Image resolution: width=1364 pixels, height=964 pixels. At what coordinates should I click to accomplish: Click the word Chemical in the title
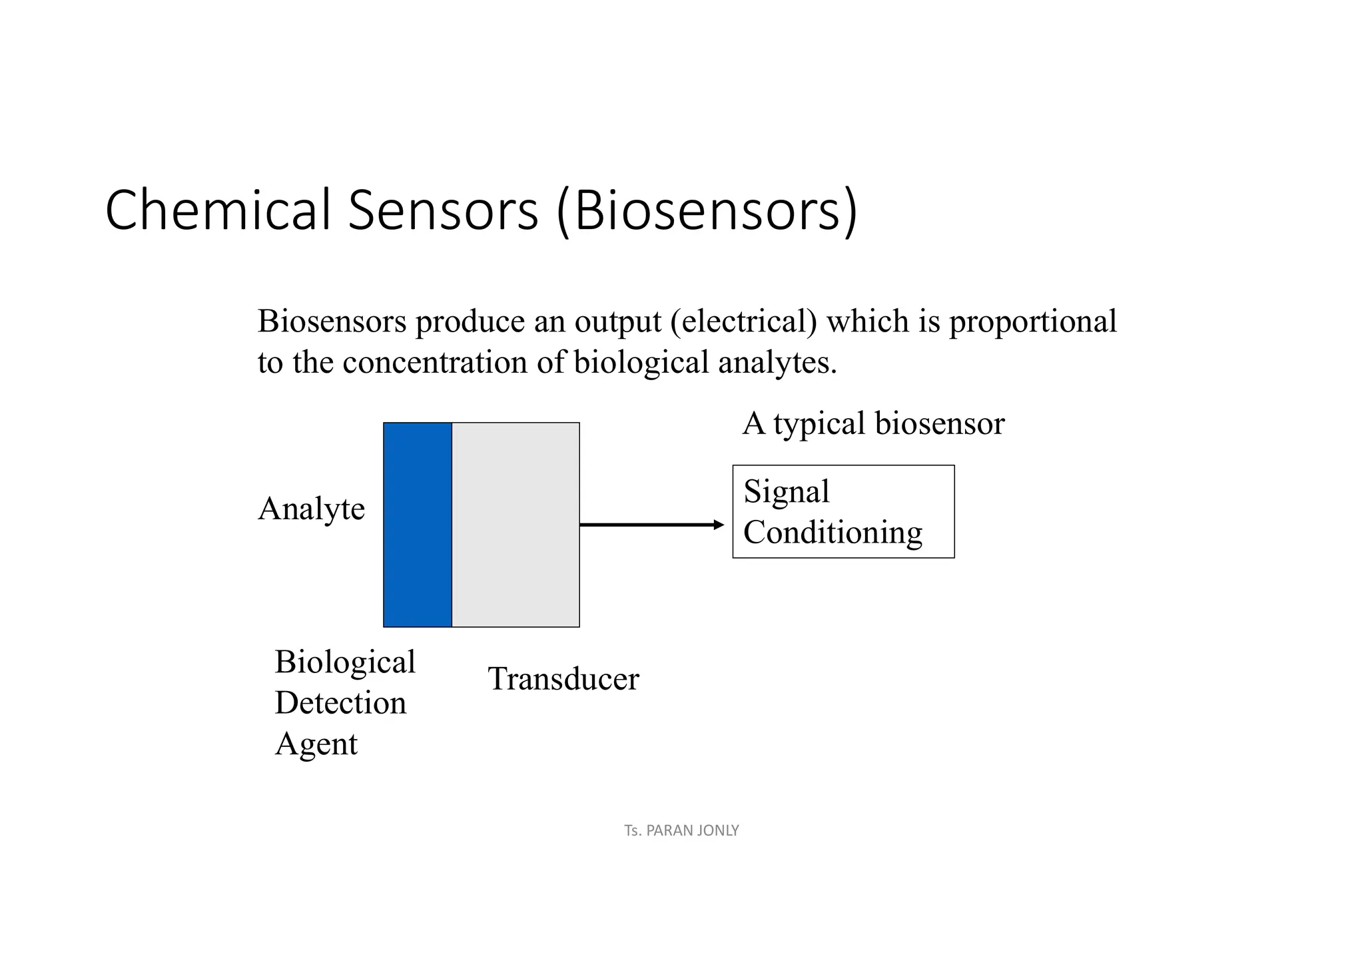[x=218, y=210]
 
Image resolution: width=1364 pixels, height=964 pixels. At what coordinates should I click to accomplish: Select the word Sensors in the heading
[x=443, y=210]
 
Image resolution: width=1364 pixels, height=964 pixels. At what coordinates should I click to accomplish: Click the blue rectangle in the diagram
[x=418, y=525]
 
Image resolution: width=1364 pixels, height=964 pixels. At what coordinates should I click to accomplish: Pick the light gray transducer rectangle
[x=515, y=525]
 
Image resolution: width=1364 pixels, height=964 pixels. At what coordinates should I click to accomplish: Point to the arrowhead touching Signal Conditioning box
[x=719, y=525]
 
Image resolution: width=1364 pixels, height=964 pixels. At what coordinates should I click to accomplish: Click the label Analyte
[x=311, y=509]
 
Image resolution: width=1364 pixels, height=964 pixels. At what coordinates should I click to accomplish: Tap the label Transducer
[x=563, y=679]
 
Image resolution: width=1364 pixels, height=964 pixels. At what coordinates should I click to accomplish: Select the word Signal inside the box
[x=787, y=492]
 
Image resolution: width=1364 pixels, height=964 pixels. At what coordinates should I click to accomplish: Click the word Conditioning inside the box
[x=833, y=533]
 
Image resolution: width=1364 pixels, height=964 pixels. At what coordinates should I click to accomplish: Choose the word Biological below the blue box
[x=345, y=662]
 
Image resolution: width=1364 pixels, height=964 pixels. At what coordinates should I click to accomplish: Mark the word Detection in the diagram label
[x=340, y=703]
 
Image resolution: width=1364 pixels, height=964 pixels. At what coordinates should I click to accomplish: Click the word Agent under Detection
[x=316, y=744]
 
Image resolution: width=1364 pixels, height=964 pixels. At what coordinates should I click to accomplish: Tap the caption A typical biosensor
[x=873, y=423]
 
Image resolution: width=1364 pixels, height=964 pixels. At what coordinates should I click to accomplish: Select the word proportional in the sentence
[x=1032, y=322]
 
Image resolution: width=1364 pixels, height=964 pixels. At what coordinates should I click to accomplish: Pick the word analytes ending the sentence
[x=777, y=363]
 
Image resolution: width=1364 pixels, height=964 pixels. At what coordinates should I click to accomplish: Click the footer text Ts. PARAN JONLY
[x=681, y=830]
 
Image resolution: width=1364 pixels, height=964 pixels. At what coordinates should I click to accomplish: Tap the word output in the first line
[x=618, y=322]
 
